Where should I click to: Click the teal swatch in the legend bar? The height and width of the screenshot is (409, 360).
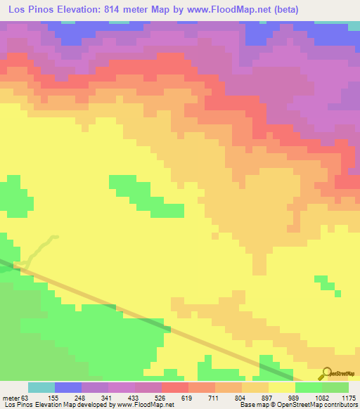click(x=41, y=387)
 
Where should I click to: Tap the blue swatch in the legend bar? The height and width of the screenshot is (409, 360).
click(x=68, y=387)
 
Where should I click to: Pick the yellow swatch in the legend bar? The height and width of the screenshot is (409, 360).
click(x=281, y=387)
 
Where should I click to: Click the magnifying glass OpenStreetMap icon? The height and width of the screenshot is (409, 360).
click(x=326, y=374)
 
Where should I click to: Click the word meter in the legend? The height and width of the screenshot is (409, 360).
click(x=12, y=397)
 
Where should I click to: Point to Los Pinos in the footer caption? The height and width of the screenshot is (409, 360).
click(x=18, y=405)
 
